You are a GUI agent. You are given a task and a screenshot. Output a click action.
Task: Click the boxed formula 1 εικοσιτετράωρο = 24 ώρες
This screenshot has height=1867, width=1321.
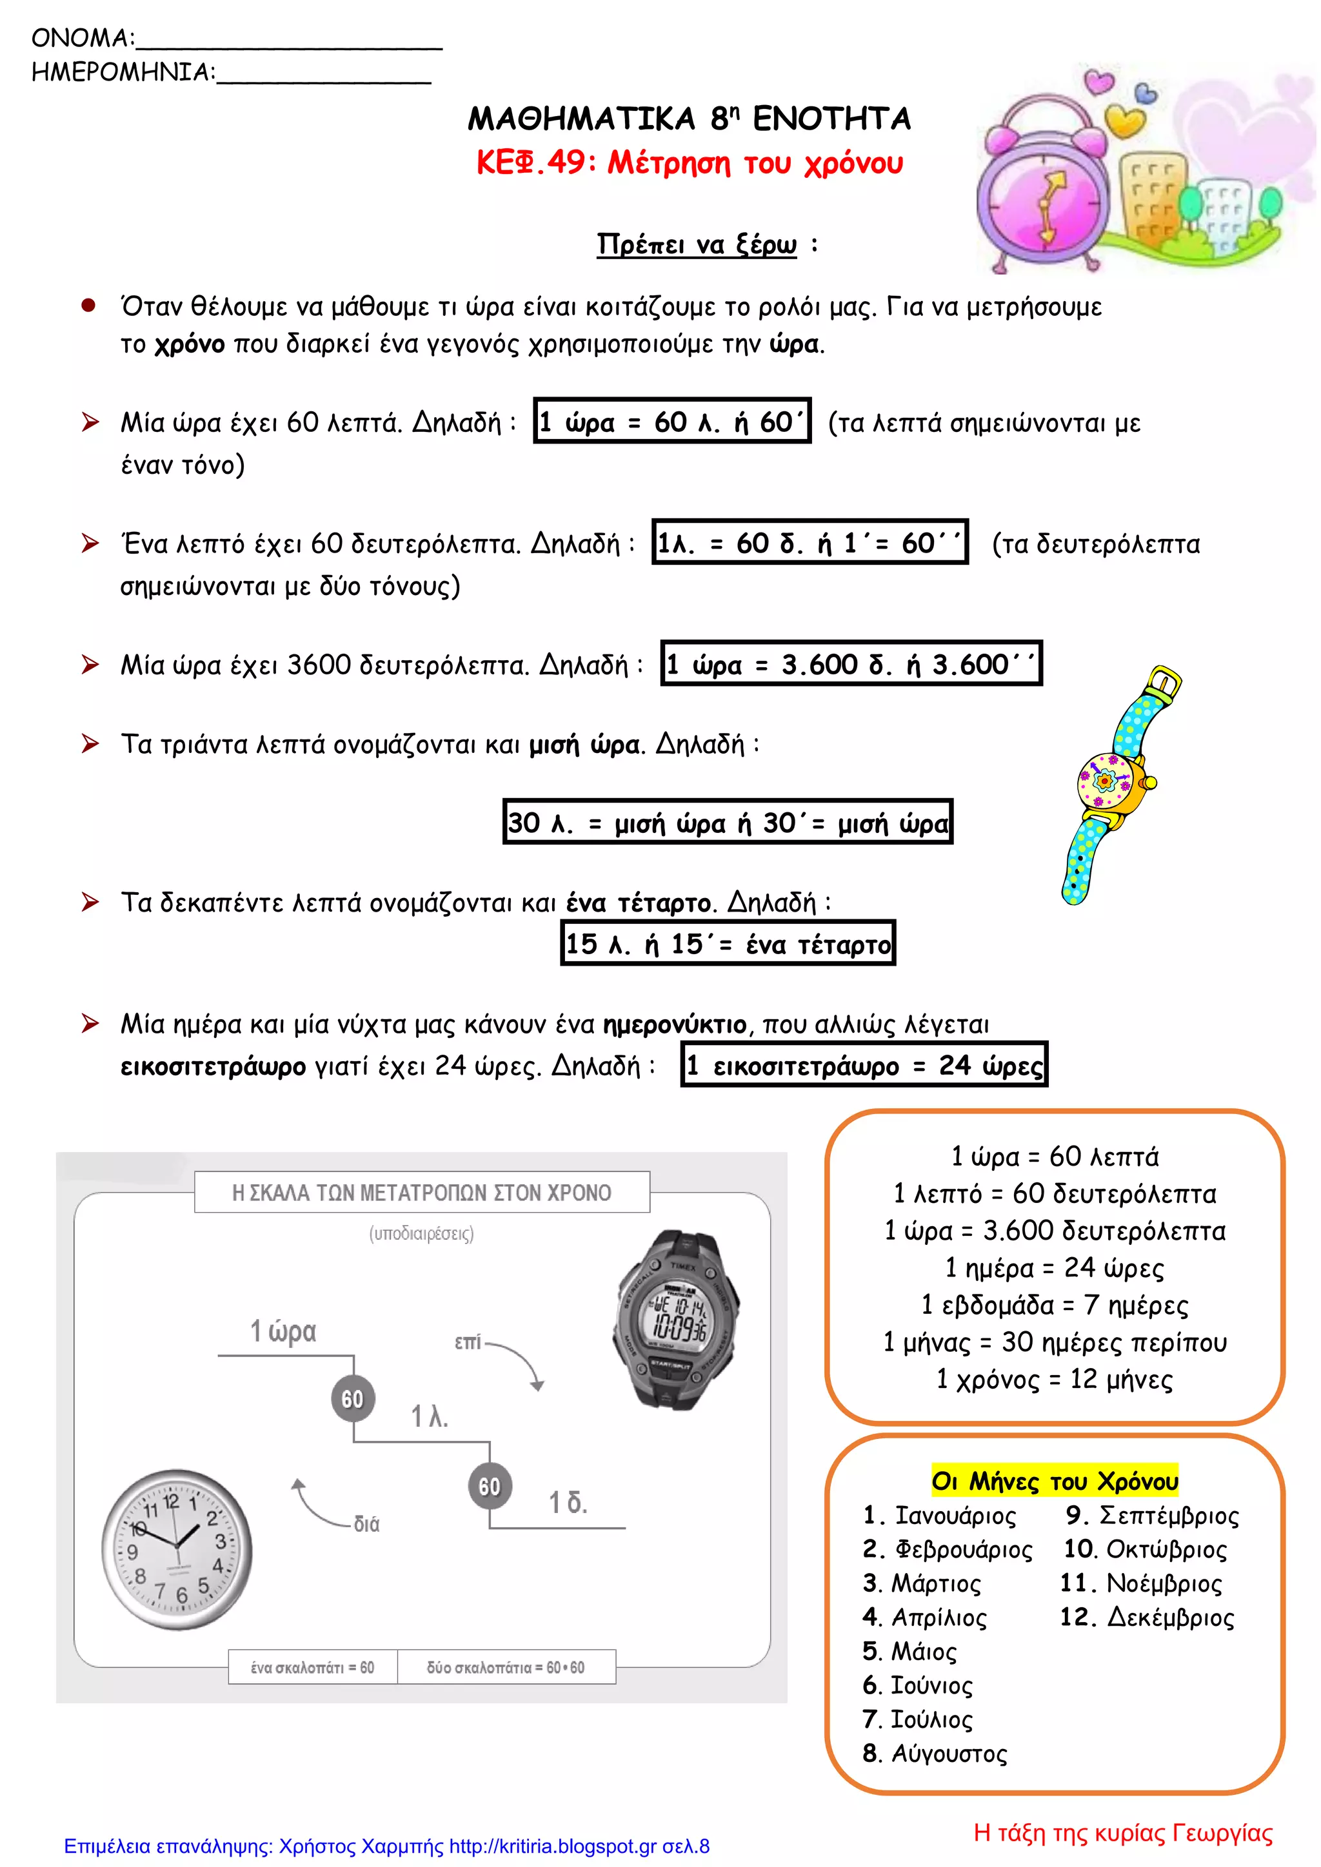point(864,1065)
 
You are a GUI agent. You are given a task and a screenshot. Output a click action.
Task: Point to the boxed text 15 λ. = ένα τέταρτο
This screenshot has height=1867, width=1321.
point(728,944)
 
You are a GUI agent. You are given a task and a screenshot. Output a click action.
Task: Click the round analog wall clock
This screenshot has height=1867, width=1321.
point(177,1549)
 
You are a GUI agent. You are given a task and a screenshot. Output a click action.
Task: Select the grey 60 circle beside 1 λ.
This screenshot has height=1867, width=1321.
point(352,1398)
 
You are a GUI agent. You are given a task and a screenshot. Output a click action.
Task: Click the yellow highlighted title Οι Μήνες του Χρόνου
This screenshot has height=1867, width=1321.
point(1054,1481)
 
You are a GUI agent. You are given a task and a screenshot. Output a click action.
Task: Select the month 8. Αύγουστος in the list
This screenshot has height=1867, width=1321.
point(935,1754)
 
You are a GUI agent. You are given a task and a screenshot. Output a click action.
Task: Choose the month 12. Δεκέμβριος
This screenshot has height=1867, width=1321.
point(1147,1618)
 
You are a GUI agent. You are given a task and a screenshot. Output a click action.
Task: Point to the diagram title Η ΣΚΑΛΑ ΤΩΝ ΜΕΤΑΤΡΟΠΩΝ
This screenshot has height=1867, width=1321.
point(421,1193)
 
